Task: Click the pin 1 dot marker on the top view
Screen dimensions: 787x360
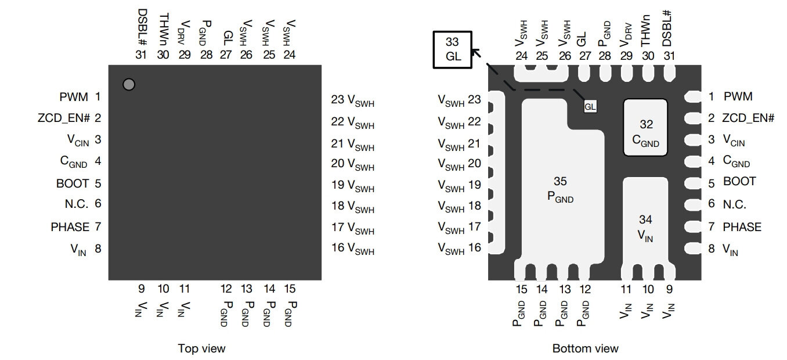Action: [129, 84]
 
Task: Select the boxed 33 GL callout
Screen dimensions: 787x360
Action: [453, 49]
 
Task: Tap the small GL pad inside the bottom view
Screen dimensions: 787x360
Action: [590, 106]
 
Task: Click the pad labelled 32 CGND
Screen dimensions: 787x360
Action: [645, 127]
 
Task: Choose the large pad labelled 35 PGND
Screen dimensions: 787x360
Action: [562, 183]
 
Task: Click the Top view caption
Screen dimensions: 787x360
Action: [201, 348]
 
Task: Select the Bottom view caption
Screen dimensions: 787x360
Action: [586, 348]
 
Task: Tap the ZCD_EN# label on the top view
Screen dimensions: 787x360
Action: [64, 118]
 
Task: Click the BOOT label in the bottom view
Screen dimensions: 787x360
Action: [739, 181]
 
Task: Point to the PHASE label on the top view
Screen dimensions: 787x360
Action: [70, 227]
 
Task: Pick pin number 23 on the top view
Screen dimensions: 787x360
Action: [337, 99]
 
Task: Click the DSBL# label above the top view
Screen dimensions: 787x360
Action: [142, 27]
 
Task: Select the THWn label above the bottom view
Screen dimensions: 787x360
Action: [646, 30]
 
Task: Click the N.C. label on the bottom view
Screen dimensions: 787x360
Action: [735, 204]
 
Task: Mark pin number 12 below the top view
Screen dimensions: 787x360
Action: [226, 289]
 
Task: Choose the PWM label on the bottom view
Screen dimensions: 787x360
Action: [738, 96]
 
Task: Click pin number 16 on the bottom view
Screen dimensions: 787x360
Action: [475, 247]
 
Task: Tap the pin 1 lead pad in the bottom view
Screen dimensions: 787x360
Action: [693, 96]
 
